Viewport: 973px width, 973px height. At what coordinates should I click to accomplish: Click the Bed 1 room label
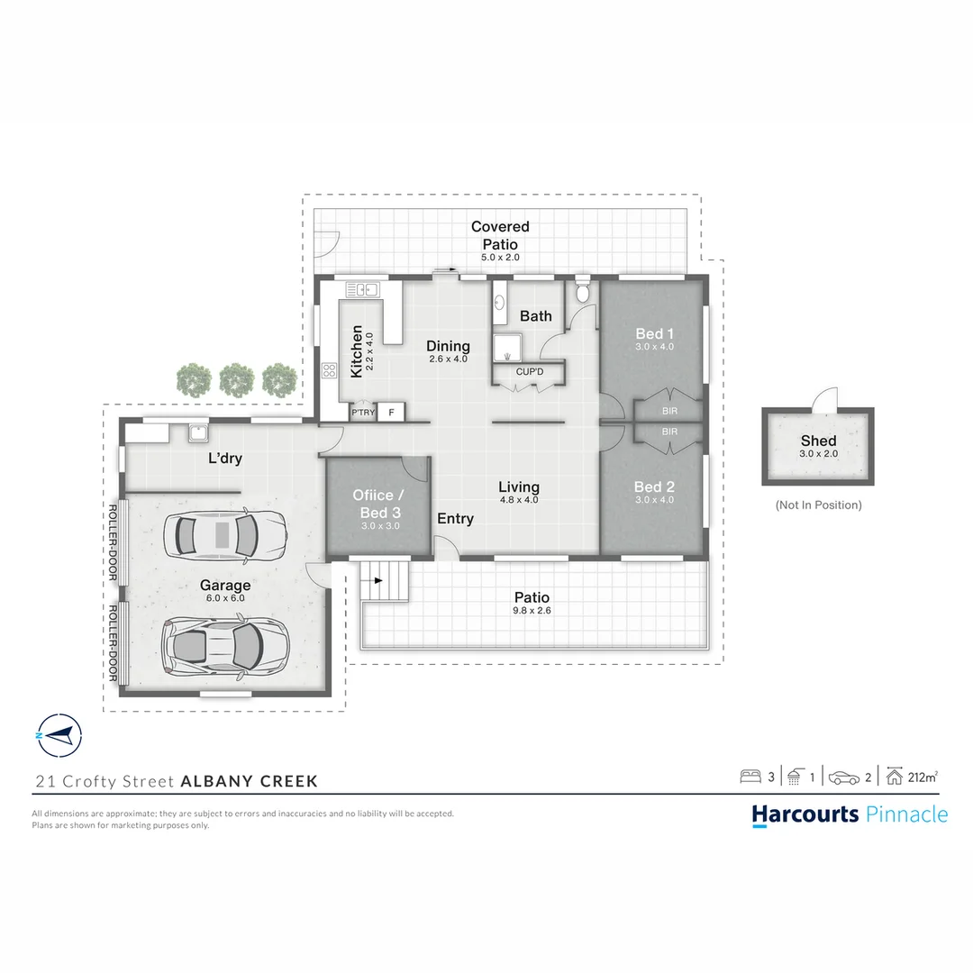click(654, 333)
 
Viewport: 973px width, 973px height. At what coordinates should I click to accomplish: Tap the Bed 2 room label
click(654, 487)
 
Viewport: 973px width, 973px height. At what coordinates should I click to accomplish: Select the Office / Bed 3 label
click(377, 502)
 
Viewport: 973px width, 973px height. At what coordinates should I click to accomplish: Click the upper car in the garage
click(223, 533)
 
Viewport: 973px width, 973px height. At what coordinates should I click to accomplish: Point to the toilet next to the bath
click(582, 291)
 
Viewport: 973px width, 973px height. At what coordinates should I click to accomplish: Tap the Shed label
click(818, 441)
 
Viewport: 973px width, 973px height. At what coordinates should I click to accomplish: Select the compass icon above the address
click(58, 736)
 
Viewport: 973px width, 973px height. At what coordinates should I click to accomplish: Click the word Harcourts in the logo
click(805, 814)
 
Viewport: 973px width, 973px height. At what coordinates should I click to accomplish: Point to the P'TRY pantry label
click(362, 413)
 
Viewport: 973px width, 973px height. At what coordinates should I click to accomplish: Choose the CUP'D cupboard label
click(529, 371)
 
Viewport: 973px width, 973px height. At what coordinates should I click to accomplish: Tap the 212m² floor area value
click(923, 777)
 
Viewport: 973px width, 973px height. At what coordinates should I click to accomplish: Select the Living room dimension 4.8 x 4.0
click(519, 499)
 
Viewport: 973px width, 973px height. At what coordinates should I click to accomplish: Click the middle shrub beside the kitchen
click(237, 380)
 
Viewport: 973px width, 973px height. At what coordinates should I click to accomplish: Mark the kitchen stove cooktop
click(329, 369)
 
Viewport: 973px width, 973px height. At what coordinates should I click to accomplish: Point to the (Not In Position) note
click(818, 505)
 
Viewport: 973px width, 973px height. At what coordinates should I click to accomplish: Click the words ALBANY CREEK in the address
click(249, 781)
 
